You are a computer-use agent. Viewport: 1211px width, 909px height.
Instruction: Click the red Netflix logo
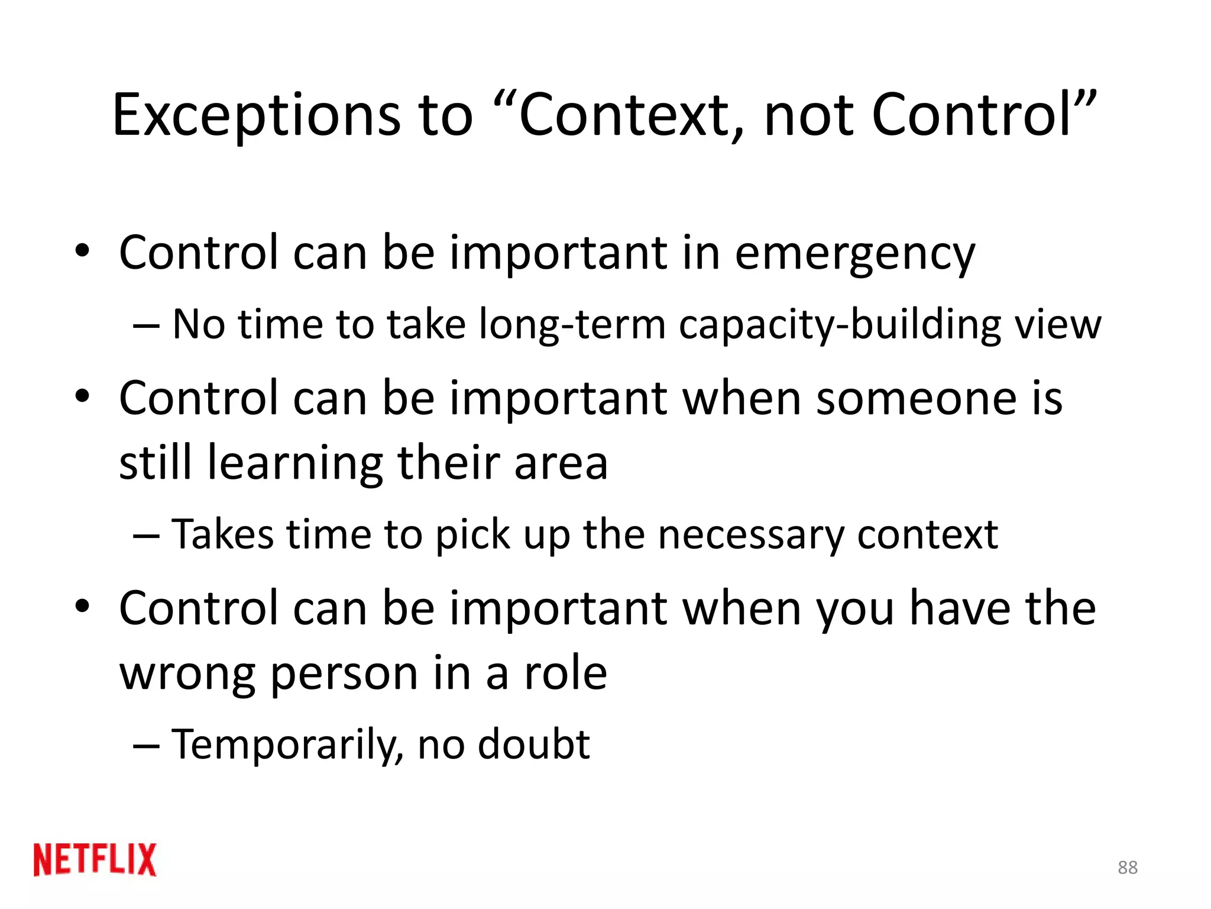pos(95,859)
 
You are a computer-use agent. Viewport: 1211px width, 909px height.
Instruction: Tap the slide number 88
pos(1128,868)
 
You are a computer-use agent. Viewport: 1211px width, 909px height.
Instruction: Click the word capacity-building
pos(840,325)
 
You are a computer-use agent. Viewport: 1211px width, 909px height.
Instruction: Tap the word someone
pos(918,398)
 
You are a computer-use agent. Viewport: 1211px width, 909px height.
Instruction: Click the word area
pos(561,463)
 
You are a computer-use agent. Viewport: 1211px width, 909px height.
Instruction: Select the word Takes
pos(222,535)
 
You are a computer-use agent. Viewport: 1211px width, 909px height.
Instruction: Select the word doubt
pos(534,744)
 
